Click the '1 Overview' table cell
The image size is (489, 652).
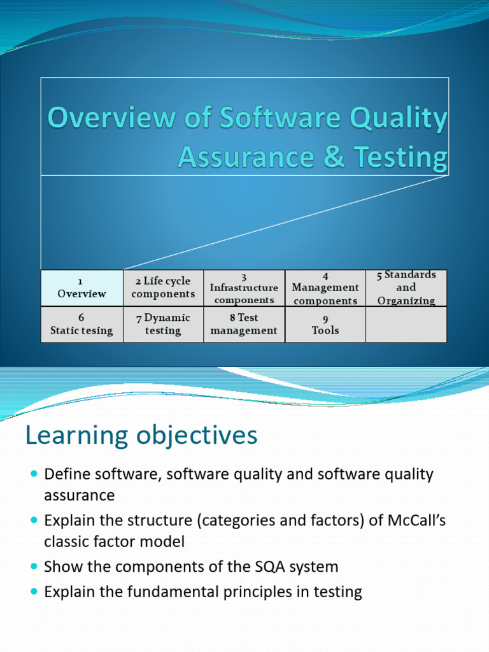[81, 288]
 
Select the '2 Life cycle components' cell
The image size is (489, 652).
[163, 288]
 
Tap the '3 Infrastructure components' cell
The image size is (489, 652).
[244, 288]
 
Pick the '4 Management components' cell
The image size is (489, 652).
[325, 288]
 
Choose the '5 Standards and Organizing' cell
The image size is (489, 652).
[406, 288]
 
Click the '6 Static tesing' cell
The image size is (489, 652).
[81, 324]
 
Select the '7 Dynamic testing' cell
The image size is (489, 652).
[163, 324]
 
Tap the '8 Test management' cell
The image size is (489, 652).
[244, 324]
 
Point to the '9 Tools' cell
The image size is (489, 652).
[325, 324]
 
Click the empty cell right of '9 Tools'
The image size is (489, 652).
[406, 324]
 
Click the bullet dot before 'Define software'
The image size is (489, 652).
[34, 474]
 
